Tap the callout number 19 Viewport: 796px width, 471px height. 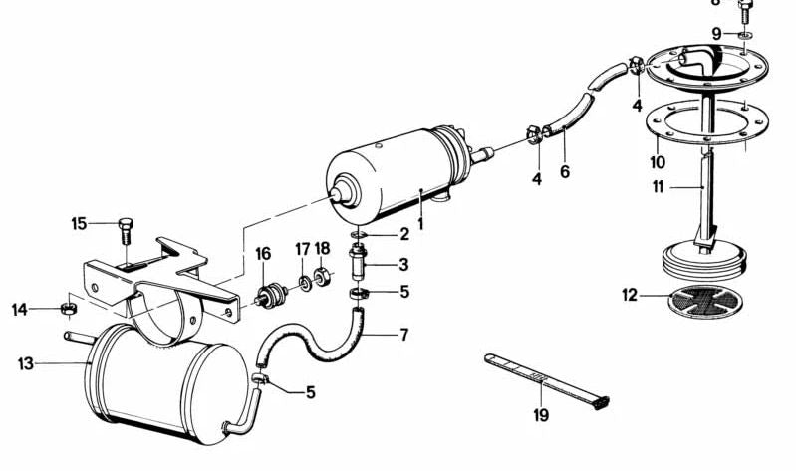coord(541,414)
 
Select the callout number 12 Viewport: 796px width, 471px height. coord(627,295)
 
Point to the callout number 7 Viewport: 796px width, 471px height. coord(403,335)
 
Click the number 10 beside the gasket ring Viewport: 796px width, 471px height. coord(657,161)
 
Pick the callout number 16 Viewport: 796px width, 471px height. coord(263,255)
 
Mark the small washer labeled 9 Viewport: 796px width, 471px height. coord(746,34)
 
